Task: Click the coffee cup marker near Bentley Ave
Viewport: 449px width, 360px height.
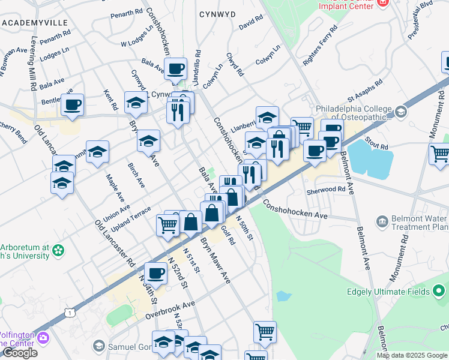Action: (72, 105)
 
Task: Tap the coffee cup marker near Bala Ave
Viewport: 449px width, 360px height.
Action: (175, 69)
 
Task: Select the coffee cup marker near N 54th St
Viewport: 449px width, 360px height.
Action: (155, 274)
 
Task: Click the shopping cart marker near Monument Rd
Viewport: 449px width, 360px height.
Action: (440, 154)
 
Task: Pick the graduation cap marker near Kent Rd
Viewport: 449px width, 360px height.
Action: (136, 103)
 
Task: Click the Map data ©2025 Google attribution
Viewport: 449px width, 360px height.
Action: (412, 355)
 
